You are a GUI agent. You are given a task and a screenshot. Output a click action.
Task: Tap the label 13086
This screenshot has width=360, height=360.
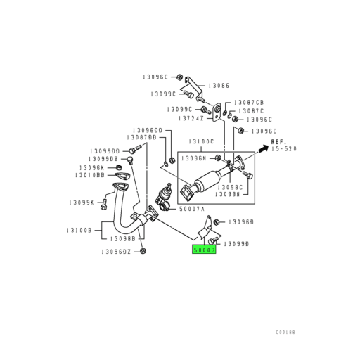pos(220,85)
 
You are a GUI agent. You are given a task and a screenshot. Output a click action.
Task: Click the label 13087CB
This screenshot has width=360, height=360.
pos(248,102)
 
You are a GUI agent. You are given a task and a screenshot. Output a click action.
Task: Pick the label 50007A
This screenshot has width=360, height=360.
pos(191,209)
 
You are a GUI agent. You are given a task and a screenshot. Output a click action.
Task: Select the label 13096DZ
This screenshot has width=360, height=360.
pos(116,251)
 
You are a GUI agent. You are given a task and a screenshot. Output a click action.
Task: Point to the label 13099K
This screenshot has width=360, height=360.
pos(82,202)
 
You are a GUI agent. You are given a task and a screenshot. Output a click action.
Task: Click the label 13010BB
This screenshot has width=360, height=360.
pos(90,175)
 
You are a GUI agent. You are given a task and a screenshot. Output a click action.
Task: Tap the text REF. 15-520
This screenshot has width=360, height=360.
pos(281,145)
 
